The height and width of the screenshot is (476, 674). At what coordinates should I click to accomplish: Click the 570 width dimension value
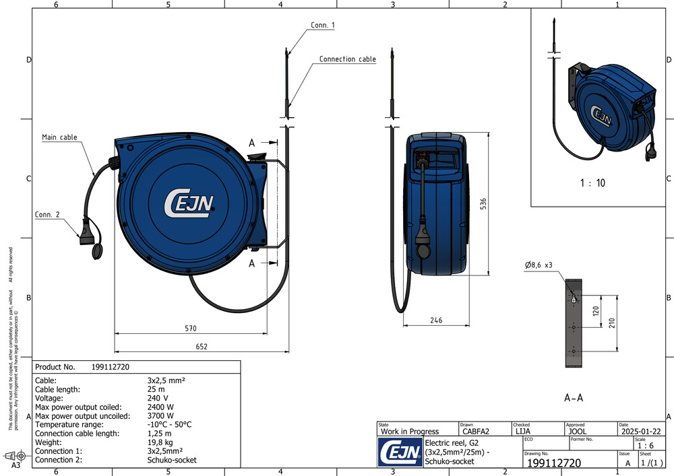pyautogui.click(x=191, y=329)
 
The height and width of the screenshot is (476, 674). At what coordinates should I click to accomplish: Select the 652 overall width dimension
pyautogui.click(x=202, y=347)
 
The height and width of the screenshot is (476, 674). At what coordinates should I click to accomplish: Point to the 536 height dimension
pyautogui.click(x=483, y=204)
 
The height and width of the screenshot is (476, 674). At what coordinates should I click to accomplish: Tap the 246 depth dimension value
pyautogui.click(x=436, y=320)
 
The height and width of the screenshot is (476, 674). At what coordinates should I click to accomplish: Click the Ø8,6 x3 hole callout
pyautogui.click(x=539, y=265)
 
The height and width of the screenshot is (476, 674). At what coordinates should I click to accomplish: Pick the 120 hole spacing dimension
pyautogui.click(x=595, y=311)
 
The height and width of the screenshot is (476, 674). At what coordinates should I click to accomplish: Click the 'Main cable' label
pyautogui.click(x=59, y=137)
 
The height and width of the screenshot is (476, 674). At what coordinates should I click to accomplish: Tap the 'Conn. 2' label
pyautogui.click(x=47, y=215)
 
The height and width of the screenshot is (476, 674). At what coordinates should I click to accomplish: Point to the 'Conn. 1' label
pyautogui.click(x=323, y=25)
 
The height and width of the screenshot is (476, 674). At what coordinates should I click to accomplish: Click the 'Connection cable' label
pyautogui.click(x=347, y=59)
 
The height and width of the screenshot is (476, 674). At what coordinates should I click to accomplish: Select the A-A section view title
pyautogui.click(x=573, y=398)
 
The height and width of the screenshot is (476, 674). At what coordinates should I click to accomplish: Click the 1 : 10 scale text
pyautogui.click(x=592, y=183)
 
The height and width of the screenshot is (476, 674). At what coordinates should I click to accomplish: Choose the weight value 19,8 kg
pyautogui.click(x=159, y=442)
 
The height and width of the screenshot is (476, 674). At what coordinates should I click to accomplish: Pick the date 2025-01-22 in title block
pyautogui.click(x=644, y=432)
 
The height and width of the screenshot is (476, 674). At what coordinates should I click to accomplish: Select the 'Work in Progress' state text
pyautogui.click(x=410, y=432)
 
